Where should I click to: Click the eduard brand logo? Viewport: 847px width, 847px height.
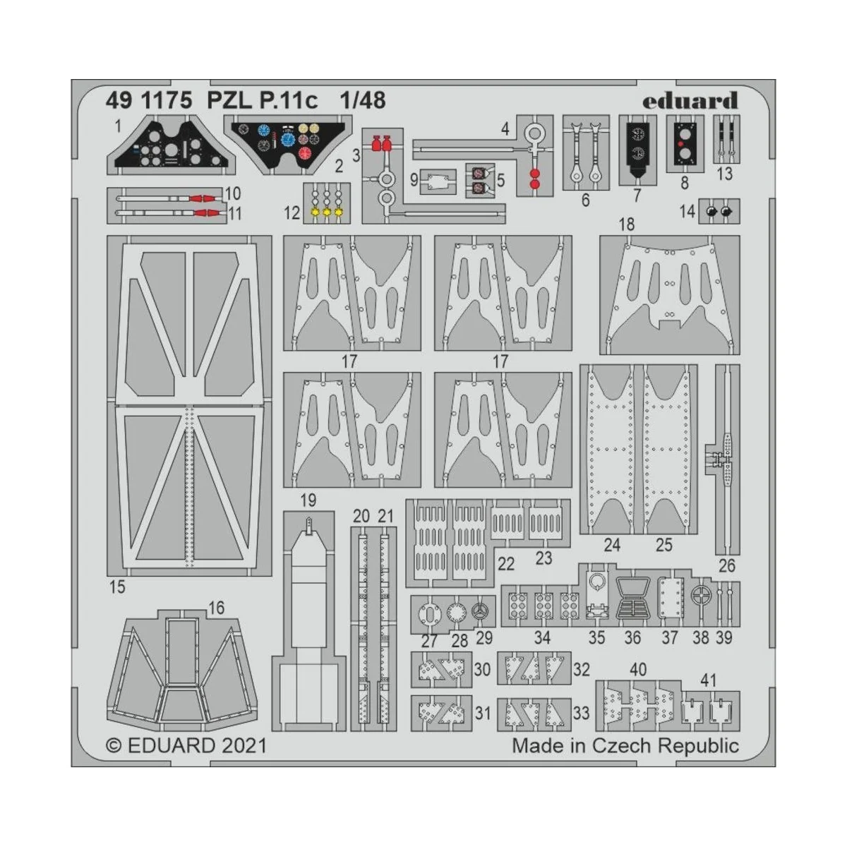coord(690,101)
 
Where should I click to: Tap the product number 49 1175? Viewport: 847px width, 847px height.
coord(149,101)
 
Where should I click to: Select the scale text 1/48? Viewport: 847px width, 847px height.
coord(362,101)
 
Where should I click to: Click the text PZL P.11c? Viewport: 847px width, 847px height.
coord(262,101)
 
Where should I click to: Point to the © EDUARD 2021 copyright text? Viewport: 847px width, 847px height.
coord(186,745)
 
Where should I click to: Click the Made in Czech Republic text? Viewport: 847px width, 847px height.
coord(625,745)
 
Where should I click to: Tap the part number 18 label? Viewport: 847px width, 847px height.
coord(626,224)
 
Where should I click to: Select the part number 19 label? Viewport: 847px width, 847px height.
coord(308,501)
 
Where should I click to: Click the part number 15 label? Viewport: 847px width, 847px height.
coord(117,586)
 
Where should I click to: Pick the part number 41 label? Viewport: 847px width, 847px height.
coord(709,680)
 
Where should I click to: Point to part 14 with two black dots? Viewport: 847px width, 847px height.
coord(719,211)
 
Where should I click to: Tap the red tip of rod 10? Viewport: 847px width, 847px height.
coord(203,198)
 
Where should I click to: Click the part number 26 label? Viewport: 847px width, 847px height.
coord(726,565)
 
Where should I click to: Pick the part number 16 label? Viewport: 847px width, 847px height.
coord(216,608)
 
